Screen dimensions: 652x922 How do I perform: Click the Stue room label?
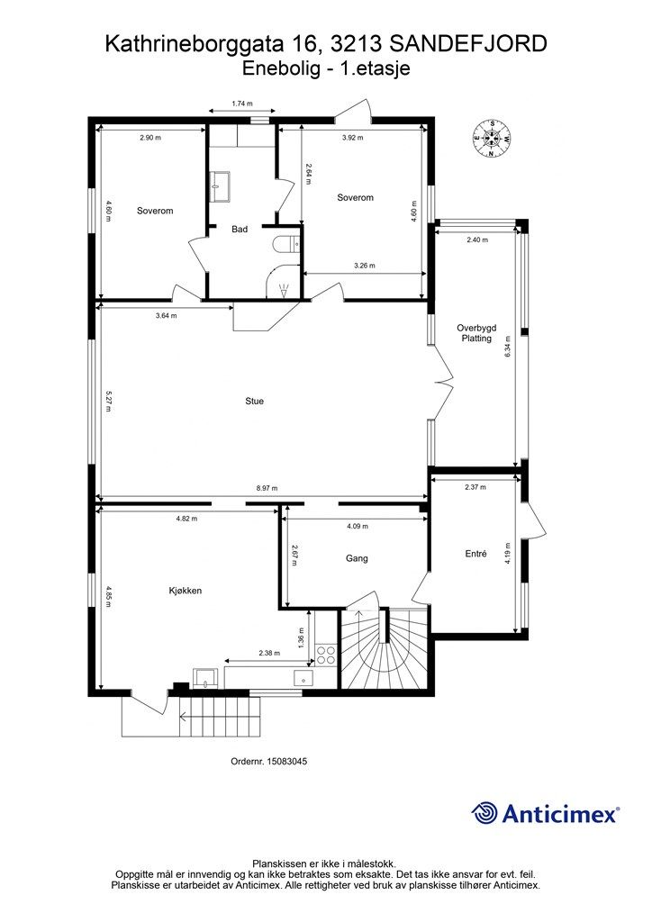point(254,401)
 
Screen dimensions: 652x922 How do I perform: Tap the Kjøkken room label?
point(186,591)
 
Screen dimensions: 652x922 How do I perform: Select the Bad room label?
point(240,230)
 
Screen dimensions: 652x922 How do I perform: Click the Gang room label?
point(357,558)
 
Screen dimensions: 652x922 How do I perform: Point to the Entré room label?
point(475,554)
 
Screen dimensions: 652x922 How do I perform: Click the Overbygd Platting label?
point(476,333)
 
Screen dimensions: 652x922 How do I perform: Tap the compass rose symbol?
point(491,139)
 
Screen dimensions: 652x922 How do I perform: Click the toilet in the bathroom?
point(288,244)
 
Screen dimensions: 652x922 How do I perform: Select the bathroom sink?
point(221,186)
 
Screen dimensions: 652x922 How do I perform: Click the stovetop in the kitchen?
point(326,655)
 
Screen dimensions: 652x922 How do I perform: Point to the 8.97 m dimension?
point(267,489)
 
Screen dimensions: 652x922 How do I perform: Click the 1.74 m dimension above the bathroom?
point(242,104)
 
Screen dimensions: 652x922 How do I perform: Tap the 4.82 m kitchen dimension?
point(186,519)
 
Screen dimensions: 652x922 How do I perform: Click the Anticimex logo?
point(545,814)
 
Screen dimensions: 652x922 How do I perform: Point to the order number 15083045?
point(268,761)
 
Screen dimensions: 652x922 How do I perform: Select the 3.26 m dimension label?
point(365,266)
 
